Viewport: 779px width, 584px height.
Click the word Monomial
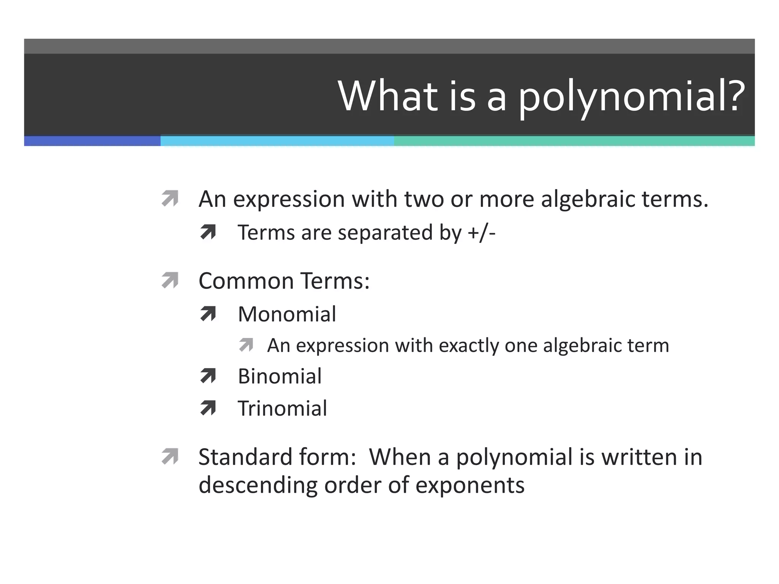pyautogui.click(x=287, y=314)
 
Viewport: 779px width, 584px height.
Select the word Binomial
pyautogui.click(x=280, y=376)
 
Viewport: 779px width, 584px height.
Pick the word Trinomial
pyautogui.click(x=282, y=408)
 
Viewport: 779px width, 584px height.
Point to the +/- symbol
pyautogui.click(x=482, y=232)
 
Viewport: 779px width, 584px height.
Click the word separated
pyautogui.click(x=385, y=232)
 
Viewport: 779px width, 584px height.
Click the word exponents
pyautogui.click(x=470, y=486)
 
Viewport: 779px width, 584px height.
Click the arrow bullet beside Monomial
pyautogui.click(x=208, y=314)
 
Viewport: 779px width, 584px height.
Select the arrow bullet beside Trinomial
pyautogui.click(x=208, y=408)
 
